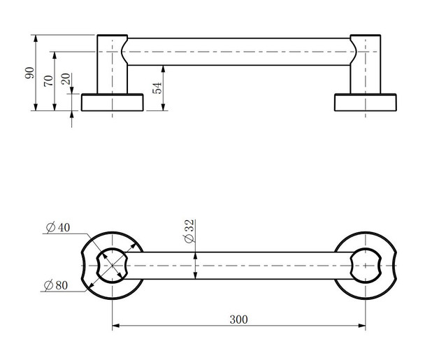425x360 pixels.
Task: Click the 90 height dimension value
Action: coord(30,73)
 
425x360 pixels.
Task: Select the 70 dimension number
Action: coord(48,80)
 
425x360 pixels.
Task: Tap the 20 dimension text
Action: coord(66,80)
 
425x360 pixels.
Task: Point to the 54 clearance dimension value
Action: coord(157,87)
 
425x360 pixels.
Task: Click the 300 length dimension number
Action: coord(238,319)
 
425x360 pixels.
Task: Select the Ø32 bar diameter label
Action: coord(190,231)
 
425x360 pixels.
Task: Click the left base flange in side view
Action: coord(113,102)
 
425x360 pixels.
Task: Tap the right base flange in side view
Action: coord(365,102)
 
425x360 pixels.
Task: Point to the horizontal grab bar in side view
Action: coord(238,52)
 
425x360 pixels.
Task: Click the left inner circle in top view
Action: coord(112,266)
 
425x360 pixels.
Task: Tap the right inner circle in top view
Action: coord(366,266)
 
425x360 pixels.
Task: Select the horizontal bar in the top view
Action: coord(238,266)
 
